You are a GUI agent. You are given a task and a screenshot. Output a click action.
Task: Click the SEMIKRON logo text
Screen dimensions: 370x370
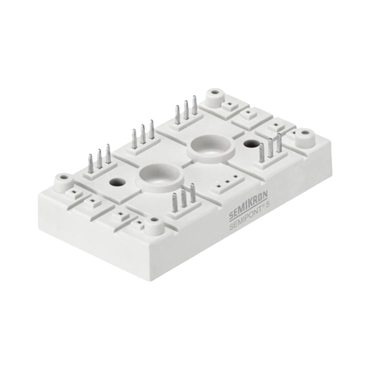point(248,205)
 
